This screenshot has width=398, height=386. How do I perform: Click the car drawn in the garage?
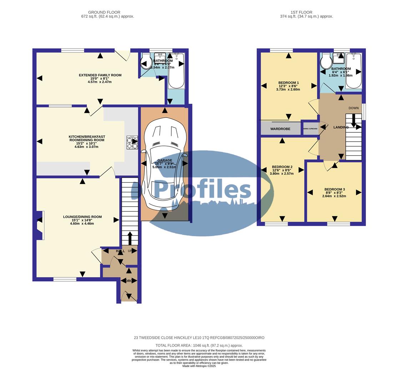164,164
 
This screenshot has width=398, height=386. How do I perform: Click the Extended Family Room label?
100,75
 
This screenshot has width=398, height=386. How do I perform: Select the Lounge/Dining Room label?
82,217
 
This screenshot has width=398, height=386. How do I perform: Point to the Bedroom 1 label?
288,83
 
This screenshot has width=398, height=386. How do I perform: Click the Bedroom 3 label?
334,189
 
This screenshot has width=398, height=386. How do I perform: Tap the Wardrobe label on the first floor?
280,129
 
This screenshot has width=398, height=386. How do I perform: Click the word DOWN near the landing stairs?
353,108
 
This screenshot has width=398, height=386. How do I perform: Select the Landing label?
341,127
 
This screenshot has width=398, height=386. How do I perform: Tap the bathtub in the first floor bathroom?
354,70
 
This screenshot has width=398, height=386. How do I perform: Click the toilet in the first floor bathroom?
326,61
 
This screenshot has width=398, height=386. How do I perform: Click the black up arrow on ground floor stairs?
130,238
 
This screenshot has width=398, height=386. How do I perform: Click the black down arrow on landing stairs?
353,120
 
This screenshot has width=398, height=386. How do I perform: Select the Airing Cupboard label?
310,129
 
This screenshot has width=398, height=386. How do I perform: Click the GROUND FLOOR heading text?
104,12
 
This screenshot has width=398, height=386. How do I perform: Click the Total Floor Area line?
199,346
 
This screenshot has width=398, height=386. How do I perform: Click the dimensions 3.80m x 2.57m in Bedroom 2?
282,174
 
